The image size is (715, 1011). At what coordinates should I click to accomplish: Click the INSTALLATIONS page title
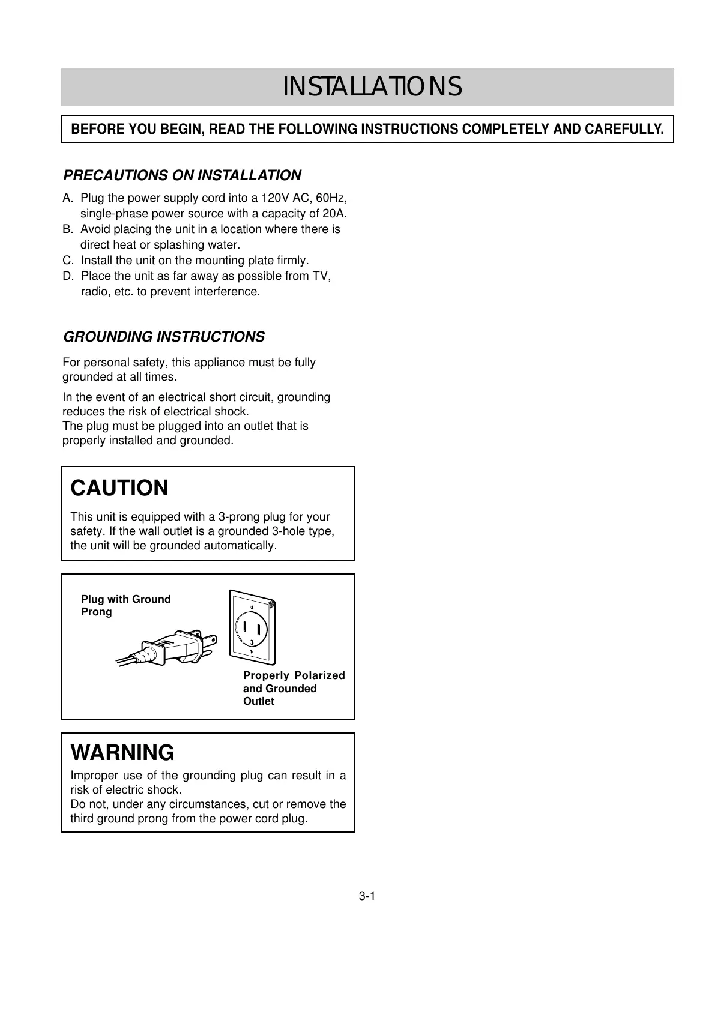(372, 87)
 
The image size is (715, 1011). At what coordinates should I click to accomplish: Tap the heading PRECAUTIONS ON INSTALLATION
(182, 175)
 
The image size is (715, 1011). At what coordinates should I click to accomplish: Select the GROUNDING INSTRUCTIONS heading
(164, 337)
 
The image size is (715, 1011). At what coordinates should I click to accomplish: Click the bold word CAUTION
(119, 488)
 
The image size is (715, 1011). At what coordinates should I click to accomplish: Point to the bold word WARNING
(122, 752)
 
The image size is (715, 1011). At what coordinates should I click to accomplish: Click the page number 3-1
(367, 897)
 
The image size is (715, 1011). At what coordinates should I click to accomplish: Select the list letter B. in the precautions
(68, 229)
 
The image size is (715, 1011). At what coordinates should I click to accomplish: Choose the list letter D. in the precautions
(68, 276)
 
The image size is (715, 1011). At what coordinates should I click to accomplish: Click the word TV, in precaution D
(320, 276)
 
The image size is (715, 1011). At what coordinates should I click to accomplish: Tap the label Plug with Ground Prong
(125, 605)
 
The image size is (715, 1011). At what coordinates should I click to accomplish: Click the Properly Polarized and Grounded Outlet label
(294, 688)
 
